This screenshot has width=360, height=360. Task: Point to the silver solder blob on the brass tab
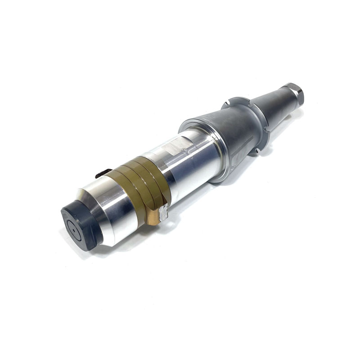coord(163,211)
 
